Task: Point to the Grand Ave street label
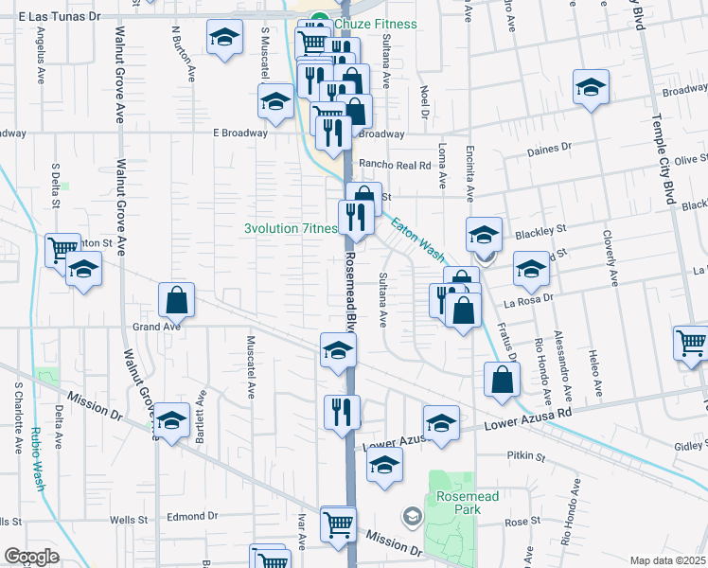(155, 327)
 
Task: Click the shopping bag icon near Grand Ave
(177, 301)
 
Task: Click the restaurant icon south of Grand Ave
(342, 411)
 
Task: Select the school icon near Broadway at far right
(591, 88)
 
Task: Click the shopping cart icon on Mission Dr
(338, 523)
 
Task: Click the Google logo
(31, 557)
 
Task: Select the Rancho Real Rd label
(400, 166)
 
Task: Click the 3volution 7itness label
(291, 228)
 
